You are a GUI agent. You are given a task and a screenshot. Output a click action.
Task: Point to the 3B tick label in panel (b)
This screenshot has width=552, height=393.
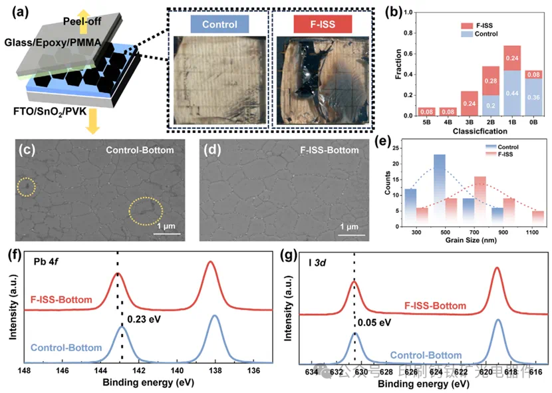tap(431, 123)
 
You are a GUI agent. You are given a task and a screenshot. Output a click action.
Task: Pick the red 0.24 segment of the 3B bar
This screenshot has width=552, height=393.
tap(430, 103)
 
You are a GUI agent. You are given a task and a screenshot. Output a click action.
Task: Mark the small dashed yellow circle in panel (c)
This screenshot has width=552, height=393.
tap(26, 188)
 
